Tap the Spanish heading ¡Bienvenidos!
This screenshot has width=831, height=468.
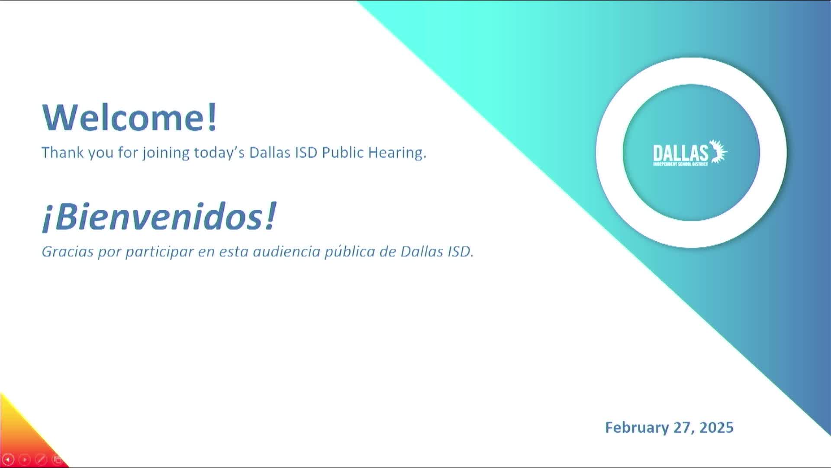pos(159,216)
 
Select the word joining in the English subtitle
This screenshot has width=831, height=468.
pos(166,153)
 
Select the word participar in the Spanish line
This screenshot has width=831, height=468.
pos(159,252)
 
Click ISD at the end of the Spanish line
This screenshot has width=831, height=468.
pos(460,252)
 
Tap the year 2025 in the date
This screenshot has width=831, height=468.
pos(716,428)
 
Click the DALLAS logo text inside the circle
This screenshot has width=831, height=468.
pos(680,153)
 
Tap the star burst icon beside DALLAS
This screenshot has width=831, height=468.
pos(719,152)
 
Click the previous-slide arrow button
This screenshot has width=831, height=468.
pos(8,459)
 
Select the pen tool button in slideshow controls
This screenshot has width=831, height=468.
pos(41,459)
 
